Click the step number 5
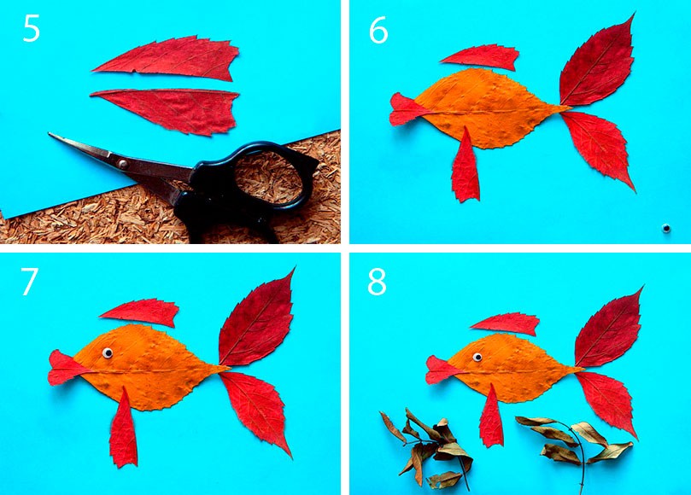coord(32,29)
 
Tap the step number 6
coord(378,31)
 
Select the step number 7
coord(30,282)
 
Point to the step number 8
coord(377,282)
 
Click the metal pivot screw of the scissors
coord(123,164)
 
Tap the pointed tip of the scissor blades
coord(50,133)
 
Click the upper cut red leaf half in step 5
coord(167,58)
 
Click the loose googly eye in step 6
coord(666,228)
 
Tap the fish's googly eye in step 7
coord(108,352)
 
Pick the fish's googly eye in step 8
coord(477,357)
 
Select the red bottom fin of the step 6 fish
coord(466,167)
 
